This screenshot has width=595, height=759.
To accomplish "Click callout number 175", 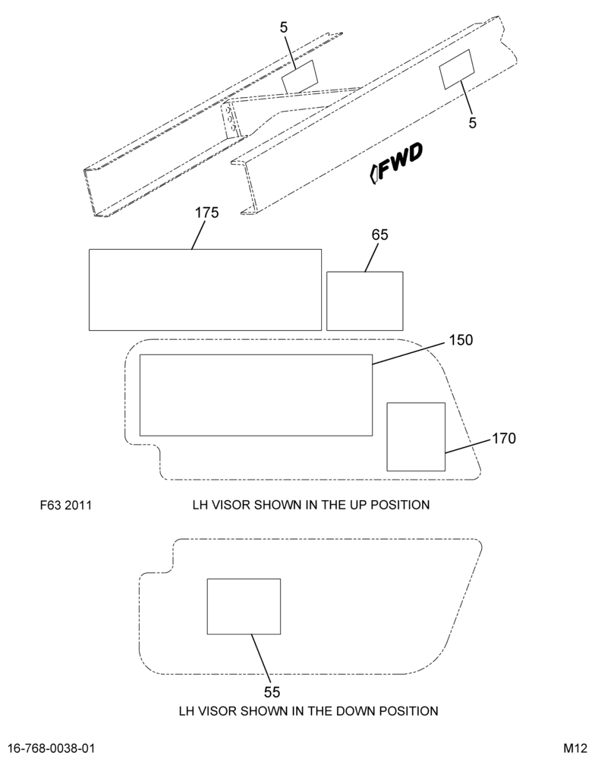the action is click(206, 213).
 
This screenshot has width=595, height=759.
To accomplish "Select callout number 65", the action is click(380, 235).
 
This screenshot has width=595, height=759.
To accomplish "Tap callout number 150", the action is click(461, 340).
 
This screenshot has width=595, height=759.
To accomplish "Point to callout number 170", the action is click(504, 439).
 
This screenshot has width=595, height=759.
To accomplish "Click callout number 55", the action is click(272, 692).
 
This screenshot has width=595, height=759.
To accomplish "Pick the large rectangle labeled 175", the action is click(205, 290).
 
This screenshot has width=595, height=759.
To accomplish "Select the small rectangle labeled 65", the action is click(365, 301).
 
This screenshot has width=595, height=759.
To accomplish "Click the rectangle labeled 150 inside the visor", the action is click(256, 395).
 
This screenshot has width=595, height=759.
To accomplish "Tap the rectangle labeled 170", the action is click(416, 436).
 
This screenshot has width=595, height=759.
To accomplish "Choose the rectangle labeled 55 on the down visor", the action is click(244, 606).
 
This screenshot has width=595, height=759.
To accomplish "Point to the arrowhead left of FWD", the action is click(373, 175).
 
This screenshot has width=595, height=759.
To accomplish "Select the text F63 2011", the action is click(66, 505).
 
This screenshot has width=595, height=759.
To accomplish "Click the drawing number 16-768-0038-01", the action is click(52, 748).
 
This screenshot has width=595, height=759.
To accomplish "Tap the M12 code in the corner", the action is click(575, 748).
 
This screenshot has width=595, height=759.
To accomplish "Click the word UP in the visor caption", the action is click(357, 505).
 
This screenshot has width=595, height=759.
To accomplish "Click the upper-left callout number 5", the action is click(284, 28).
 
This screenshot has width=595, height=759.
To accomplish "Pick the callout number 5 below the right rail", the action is click(473, 123).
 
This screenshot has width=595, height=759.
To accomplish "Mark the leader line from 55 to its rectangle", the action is click(260, 659).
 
